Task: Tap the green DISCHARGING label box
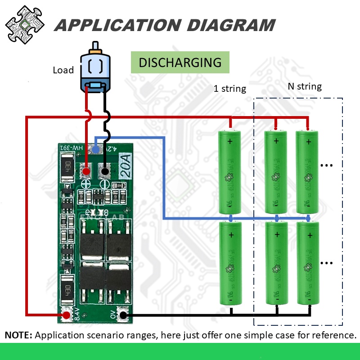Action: click(x=180, y=63)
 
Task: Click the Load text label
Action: click(x=63, y=70)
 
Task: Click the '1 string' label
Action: click(x=229, y=89)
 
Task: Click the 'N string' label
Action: click(x=305, y=86)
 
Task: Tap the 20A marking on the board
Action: click(x=125, y=166)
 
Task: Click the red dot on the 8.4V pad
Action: click(x=67, y=315)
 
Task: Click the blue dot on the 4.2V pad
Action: click(x=95, y=148)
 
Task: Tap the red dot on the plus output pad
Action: click(x=85, y=171)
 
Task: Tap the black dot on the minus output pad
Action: click(x=105, y=171)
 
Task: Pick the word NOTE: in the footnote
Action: click(x=18, y=335)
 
